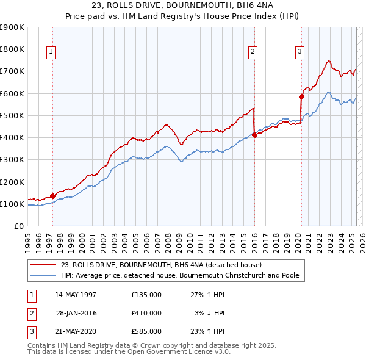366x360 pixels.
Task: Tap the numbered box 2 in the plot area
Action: point(252,52)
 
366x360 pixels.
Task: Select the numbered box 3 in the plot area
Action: point(300,52)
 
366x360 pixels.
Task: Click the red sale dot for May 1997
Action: point(52,196)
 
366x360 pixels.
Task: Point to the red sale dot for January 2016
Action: point(254,135)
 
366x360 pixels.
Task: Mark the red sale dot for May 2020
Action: point(301,96)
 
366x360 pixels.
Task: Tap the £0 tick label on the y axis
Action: point(18,226)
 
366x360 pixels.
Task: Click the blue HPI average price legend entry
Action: point(179,275)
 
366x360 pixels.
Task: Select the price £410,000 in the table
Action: point(146,313)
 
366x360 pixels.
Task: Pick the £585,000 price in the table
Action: point(146,331)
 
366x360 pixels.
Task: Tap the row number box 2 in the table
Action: point(31,313)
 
